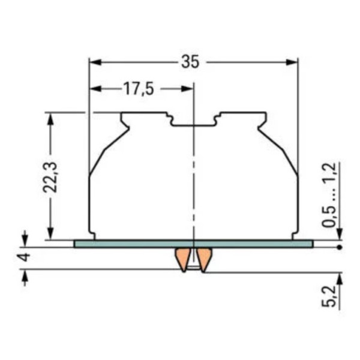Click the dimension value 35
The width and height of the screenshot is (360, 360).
190,62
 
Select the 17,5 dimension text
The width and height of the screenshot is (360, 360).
139,89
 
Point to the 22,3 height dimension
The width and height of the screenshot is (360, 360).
50,177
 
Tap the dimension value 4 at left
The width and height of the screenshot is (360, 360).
25,257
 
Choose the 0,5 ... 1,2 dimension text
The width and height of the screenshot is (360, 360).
329,195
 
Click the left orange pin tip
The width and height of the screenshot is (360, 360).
184,271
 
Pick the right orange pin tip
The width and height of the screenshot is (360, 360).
203,271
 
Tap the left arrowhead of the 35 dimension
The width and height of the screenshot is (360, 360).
95,62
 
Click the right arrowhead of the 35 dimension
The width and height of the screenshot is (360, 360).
292,62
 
